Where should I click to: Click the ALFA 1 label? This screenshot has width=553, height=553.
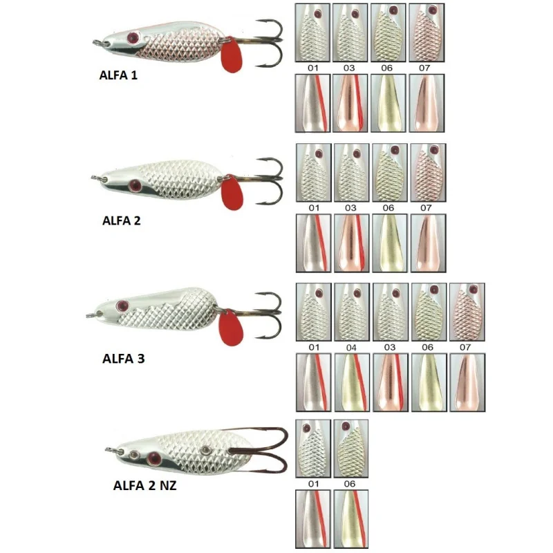(x=118, y=76)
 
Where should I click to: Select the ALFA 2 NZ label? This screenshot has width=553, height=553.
(x=144, y=485)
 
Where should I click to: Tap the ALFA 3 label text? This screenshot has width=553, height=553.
(x=123, y=359)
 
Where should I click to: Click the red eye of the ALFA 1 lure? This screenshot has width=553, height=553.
(x=134, y=37)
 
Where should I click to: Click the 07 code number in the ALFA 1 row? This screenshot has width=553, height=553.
(x=427, y=68)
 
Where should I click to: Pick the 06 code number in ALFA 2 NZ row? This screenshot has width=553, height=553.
(x=350, y=484)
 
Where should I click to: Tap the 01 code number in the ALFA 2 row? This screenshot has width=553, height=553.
(x=312, y=207)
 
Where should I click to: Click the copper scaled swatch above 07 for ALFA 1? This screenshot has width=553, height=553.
(x=427, y=32)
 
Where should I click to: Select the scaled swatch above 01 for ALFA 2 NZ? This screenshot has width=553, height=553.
(x=312, y=448)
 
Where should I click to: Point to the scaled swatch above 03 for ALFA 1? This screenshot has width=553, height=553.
(x=350, y=32)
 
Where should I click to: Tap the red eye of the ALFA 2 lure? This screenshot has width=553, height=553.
(x=135, y=185)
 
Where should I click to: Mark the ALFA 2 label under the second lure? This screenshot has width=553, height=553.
(x=121, y=221)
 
